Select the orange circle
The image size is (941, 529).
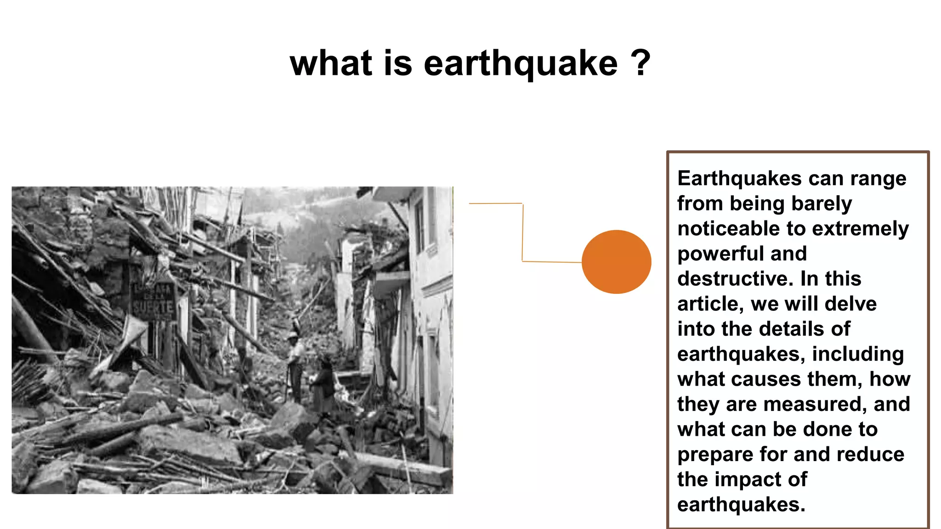(616, 262)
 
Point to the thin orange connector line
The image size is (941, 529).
(522, 232)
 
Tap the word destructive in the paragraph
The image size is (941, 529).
(735, 279)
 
